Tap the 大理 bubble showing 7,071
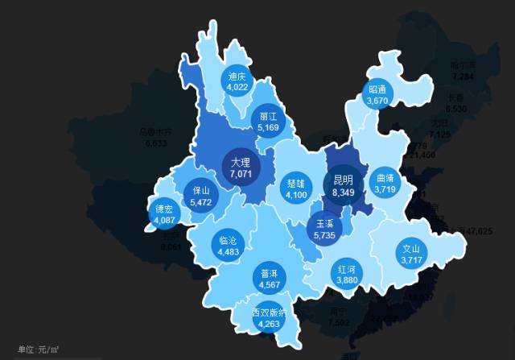point(241,167)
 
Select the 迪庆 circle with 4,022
point(237,81)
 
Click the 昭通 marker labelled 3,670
point(377,95)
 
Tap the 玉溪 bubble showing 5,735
point(324,227)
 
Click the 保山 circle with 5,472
point(200,196)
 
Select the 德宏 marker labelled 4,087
point(163,213)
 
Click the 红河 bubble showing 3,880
point(347,274)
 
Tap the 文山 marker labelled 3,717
point(411,254)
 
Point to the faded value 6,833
point(155,143)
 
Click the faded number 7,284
point(463,77)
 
